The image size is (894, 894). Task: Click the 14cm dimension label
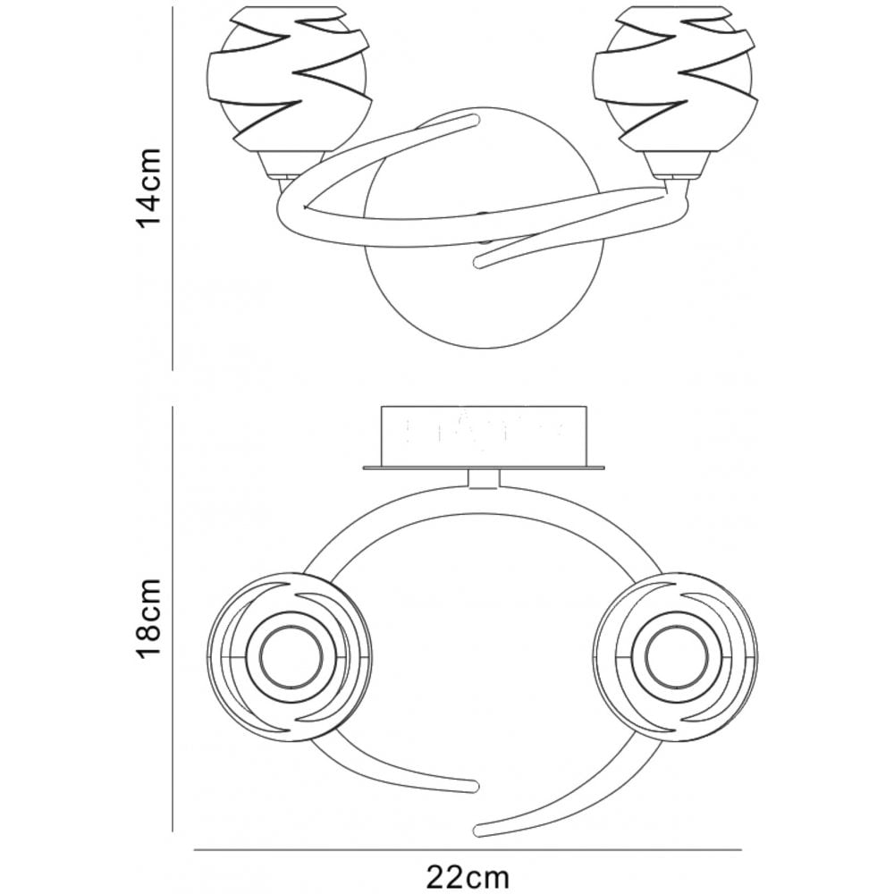[148, 188]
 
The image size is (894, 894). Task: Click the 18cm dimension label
[148, 619]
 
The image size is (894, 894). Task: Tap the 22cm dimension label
[468, 876]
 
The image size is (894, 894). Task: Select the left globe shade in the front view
[290, 78]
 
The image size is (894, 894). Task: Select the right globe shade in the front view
[676, 78]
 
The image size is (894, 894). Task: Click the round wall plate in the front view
[484, 228]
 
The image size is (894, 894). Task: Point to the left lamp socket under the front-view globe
[289, 165]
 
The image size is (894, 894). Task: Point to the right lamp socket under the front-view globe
[679, 165]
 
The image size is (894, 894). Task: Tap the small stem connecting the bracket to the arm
[484, 478]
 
